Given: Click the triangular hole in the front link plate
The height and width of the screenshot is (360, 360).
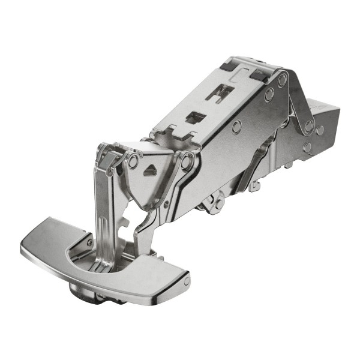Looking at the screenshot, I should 150,170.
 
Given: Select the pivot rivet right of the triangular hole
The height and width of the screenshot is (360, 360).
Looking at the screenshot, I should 188,161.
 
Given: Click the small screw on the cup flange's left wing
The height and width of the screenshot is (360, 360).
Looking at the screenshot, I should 89,242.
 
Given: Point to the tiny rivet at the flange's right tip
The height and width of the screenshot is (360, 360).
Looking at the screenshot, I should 187,280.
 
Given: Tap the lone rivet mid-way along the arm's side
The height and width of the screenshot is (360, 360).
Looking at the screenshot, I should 238,126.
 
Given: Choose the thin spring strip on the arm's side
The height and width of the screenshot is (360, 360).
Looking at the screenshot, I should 252,165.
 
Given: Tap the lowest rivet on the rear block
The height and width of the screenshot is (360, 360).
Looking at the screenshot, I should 307,147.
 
